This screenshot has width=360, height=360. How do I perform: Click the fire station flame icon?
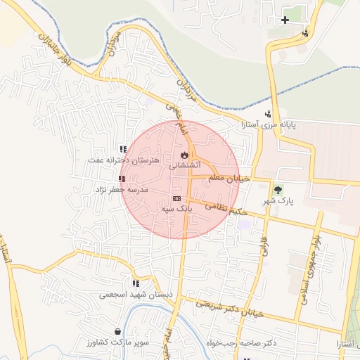tap(184, 154)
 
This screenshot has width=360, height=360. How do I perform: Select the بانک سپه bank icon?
tap(176, 198)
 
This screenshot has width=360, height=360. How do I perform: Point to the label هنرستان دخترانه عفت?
tap(123, 160)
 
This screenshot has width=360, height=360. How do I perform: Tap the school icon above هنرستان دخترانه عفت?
tap(124, 149)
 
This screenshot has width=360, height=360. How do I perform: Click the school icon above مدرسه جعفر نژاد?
tap(122, 179)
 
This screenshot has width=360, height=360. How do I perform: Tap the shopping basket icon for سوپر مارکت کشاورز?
tap(117, 331)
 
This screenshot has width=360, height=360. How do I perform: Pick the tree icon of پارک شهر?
tap(278, 190)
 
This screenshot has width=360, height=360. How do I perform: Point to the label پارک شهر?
tap(278, 201)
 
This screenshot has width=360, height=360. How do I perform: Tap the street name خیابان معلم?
tap(229, 179)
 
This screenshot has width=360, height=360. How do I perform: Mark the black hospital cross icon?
tap(285, 20)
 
